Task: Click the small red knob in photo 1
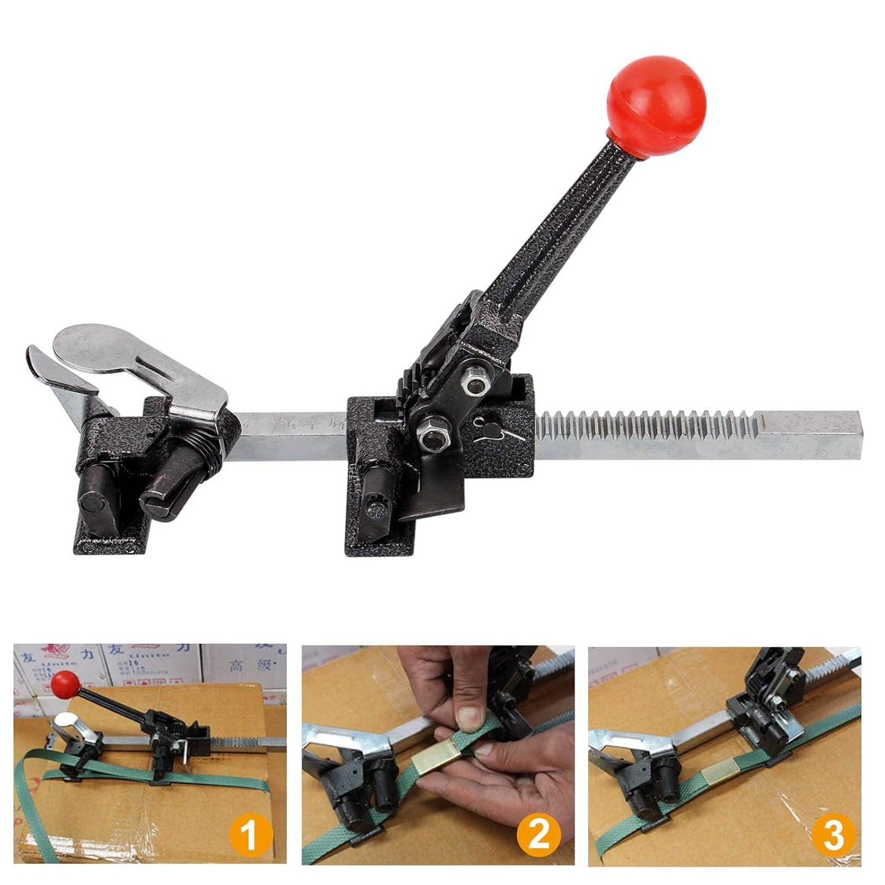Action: pyautogui.click(x=66, y=682)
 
